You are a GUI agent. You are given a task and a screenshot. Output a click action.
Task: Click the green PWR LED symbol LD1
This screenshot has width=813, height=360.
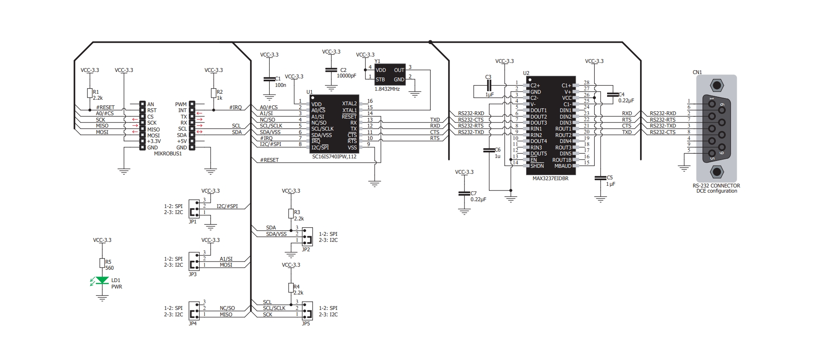[102, 280]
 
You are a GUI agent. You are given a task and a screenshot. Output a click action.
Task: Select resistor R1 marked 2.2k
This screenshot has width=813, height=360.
[89, 93]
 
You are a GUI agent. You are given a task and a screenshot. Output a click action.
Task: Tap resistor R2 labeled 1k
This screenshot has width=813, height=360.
[213, 93]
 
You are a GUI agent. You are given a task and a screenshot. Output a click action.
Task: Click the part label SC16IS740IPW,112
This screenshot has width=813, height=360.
[334, 157]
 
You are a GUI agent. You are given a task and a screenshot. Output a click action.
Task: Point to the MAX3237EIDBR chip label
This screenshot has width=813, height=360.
[550, 179]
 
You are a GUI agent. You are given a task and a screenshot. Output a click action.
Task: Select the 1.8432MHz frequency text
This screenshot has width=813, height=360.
[387, 89]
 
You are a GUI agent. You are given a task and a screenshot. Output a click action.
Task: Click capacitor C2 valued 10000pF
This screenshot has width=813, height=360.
[331, 70]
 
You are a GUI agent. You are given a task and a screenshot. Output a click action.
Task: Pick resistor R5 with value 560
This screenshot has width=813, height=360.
[102, 263]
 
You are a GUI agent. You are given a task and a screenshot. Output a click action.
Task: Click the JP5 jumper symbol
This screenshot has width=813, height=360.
[307, 311]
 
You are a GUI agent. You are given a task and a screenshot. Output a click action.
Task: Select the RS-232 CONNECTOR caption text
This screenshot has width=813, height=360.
[716, 186]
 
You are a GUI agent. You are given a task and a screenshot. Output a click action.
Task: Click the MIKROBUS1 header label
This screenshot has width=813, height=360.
[168, 154]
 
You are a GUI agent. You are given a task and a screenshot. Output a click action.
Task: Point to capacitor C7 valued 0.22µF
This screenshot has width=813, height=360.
[464, 194]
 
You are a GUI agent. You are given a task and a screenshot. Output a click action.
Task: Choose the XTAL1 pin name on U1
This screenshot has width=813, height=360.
[349, 110]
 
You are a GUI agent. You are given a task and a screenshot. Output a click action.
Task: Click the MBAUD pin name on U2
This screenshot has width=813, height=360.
[563, 166]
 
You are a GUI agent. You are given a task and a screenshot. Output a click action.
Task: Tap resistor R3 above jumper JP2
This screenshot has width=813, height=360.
[291, 213]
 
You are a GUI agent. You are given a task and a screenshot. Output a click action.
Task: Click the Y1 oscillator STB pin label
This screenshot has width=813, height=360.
[380, 80]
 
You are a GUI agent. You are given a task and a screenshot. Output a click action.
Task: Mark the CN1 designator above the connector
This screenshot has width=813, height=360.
[697, 72]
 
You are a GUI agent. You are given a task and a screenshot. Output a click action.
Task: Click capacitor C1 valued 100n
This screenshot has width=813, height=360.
[269, 79]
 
